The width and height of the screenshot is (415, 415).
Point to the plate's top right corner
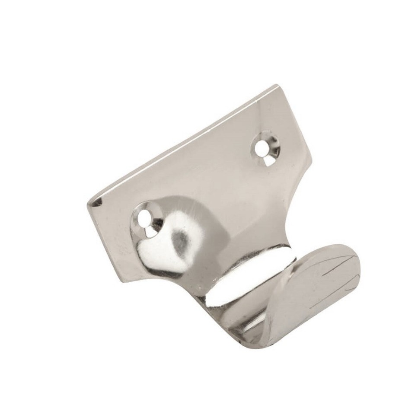point(276,86)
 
